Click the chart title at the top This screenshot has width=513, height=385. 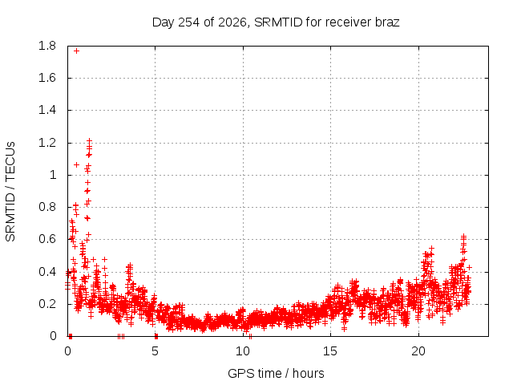tap(276, 22)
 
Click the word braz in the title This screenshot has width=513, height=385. tap(387, 22)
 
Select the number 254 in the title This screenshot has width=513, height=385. tap(189, 22)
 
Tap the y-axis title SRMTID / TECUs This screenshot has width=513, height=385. tap(10, 192)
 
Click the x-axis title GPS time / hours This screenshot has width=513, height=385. tap(276, 373)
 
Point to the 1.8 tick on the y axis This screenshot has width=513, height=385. tap(47, 46)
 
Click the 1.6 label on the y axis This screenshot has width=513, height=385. tap(47, 78)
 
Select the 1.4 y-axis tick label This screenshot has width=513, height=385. tap(47, 111)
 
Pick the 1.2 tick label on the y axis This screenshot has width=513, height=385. tap(47, 143)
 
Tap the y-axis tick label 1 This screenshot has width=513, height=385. tap(53, 175)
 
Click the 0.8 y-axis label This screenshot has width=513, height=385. tap(47, 207)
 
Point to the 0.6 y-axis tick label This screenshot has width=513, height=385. tap(47, 239)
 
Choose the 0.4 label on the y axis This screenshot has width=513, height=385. tap(47, 272)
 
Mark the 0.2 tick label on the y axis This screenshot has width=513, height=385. tap(47, 304)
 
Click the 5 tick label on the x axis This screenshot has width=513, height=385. tap(155, 351)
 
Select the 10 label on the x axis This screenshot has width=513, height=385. tap(243, 351)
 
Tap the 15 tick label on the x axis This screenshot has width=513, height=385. tap(330, 351)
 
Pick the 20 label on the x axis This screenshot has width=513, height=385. tap(418, 351)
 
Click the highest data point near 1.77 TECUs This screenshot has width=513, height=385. tap(77, 51)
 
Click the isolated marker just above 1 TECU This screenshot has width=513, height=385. tap(77, 164)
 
